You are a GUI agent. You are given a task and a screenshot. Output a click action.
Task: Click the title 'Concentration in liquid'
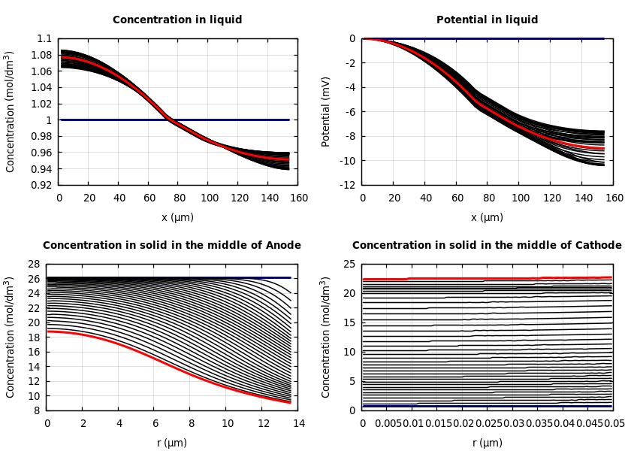click(x=177, y=20)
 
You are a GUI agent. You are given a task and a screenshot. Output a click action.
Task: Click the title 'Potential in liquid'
click(x=487, y=20)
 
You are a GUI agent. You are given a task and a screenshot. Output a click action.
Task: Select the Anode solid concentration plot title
click(x=172, y=245)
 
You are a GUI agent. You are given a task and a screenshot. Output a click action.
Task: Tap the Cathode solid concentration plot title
click(x=487, y=245)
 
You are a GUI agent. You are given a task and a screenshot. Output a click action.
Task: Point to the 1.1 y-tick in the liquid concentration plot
click(x=44, y=38)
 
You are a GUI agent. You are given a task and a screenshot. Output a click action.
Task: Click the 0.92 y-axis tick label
click(x=42, y=185)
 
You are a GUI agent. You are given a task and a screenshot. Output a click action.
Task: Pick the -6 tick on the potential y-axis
click(x=350, y=112)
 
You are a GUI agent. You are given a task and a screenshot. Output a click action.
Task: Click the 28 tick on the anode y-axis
click(x=33, y=264)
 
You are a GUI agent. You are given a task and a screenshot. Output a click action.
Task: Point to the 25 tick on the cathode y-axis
click(x=349, y=264)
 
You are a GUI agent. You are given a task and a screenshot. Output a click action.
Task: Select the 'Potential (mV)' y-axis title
click(x=326, y=111)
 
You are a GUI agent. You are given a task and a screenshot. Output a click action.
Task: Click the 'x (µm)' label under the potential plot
click(x=487, y=217)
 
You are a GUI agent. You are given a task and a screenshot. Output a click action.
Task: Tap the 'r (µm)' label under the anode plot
click(x=172, y=443)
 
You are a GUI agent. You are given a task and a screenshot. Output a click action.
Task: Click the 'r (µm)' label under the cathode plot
click(x=487, y=443)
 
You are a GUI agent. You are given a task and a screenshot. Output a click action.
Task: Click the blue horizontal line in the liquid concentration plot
click(x=225, y=120)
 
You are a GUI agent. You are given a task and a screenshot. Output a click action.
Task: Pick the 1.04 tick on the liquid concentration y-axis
click(x=42, y=87)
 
